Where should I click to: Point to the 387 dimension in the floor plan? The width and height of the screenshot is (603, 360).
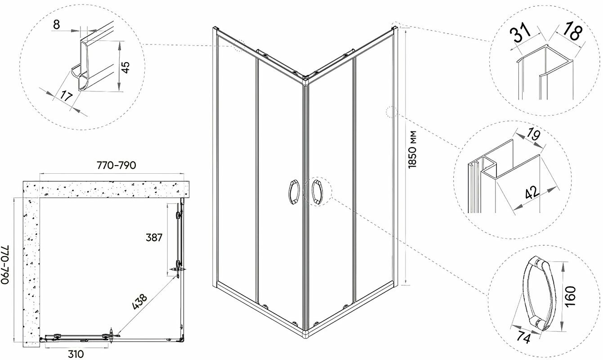coord(154,238)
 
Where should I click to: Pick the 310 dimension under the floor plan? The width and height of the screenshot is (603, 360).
coord(75,353)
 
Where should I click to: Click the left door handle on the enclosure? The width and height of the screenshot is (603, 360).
coord(293,193)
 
